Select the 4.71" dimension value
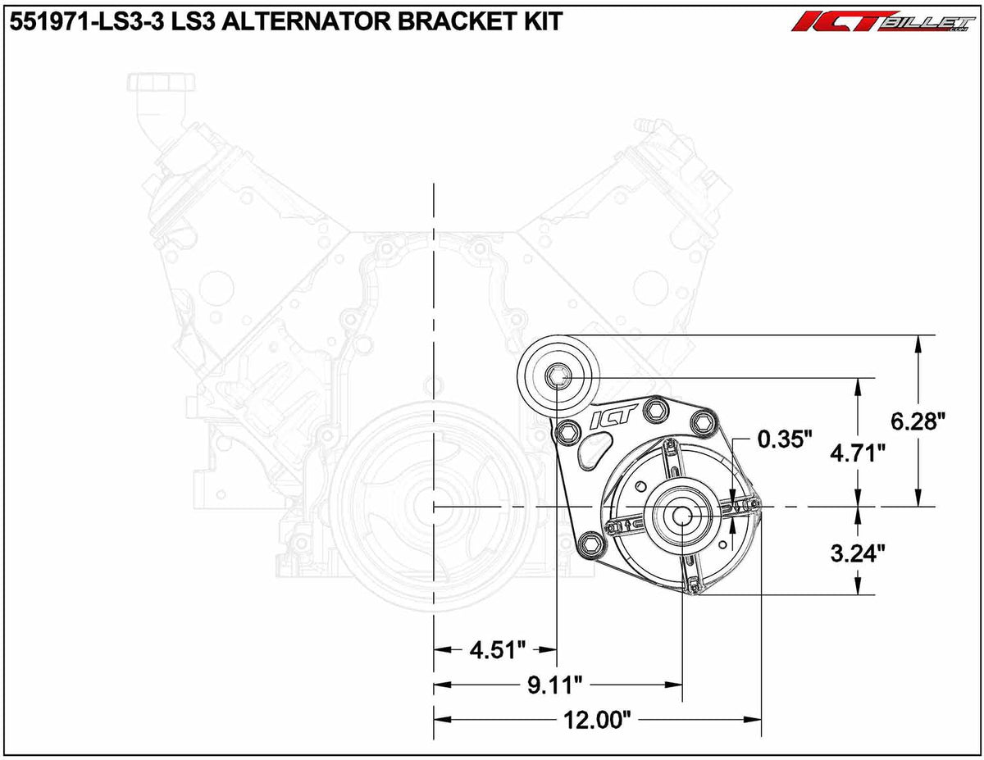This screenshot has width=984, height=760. tap(858, 453)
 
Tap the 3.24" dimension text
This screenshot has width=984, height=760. tap(858, 553)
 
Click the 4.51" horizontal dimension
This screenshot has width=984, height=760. tap(496, 650)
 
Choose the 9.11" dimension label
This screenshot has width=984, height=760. tap(555, 684)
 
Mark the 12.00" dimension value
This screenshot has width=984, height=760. tap(596, 721)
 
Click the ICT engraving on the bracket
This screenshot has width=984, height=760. tap(608, 419)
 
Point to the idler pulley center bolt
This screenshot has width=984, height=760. tap(557, 376)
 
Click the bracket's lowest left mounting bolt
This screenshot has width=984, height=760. tap(589, 540)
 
